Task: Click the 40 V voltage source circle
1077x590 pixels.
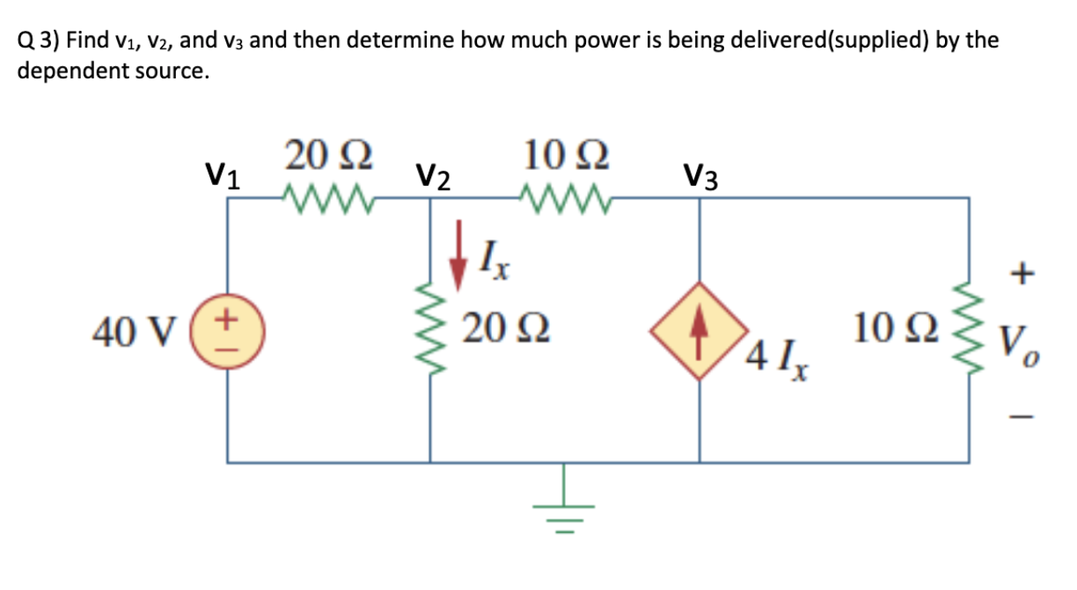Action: [230, 330]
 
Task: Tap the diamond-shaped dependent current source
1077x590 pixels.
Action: [700, 330]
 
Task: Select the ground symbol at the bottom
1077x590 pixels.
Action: [564, 514]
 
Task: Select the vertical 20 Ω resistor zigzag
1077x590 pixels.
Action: [430, 331]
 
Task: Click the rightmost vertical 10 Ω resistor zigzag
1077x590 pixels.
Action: [970, 331]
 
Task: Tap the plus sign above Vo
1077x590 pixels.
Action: [1021, 276]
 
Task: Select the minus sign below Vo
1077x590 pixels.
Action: [1021, 418]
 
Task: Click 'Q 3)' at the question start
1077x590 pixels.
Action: [38, 41]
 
